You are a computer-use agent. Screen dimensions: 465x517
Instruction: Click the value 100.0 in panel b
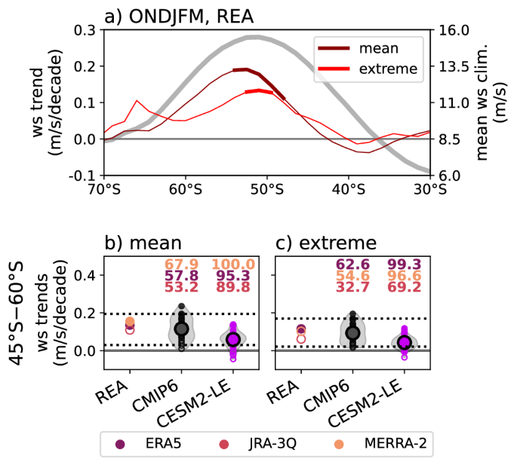pos(232,265)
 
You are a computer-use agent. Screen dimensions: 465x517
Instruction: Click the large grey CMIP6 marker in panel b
pos(181,329)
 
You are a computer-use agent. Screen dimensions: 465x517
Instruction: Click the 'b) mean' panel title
pos(143,243)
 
